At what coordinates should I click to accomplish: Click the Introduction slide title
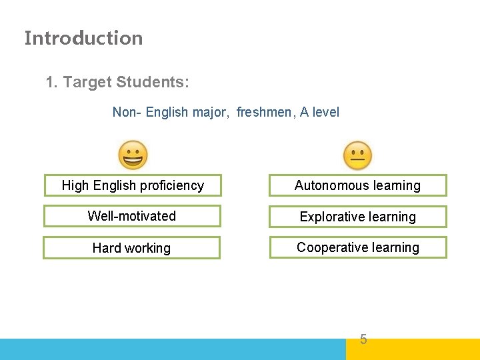pos(83,38)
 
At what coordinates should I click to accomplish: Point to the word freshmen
pos(264,112)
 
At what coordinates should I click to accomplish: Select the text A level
pos(319,112)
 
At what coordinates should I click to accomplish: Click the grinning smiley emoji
pos(133,156)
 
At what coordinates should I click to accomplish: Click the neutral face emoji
pos(358,156)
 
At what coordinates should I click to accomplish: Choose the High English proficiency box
pos(132,185)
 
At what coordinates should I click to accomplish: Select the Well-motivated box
pos(132,216)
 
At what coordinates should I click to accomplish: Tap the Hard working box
pos(131,248)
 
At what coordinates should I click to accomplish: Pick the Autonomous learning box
pos(357,185)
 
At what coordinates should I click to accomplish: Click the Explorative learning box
pos(357,217)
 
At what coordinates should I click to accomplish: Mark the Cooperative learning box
pos(357,247)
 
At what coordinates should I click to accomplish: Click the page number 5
pos(363,339)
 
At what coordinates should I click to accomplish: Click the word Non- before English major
pos(126,112)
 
